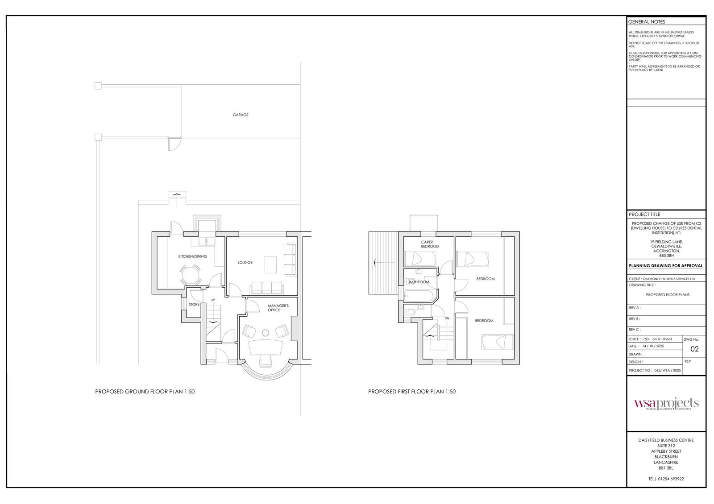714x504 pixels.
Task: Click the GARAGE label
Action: click(x=240, y=115)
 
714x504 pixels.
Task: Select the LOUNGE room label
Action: click(x=245, y=262)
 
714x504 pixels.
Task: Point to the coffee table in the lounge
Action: click(x=270, y=264)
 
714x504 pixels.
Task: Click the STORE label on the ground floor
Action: click(x=194, y=305)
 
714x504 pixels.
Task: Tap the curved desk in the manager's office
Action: click(x=266, y=347)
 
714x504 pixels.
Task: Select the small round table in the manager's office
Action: click(x=266, y=332)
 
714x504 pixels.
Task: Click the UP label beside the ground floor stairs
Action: click(x=213, y=300)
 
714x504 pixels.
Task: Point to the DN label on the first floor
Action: click(x=447, y=318)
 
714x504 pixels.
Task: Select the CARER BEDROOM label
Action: click(x=430, y=244)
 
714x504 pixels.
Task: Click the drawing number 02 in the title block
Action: click(x=694, y=349)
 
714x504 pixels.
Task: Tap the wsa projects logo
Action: click(x=666, y=404)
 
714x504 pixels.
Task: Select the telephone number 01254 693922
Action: click(x=666, y=479)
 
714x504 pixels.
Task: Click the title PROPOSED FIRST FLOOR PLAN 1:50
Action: click(x=411, y=392)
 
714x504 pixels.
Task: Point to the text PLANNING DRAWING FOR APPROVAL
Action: click(x=666, y=265)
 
